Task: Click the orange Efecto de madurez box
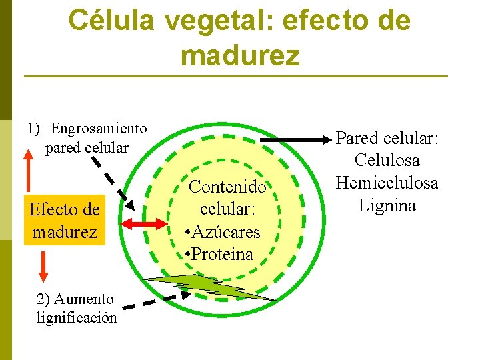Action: pyautogui.click(x=64, y=221)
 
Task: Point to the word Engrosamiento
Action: pyautogui.click(x=99, y=128)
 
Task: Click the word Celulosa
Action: pyautogui.click(x=387, y=161)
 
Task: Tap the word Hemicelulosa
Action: pyautogui.click(x=387, y=183)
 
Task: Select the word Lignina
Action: pyautogui.click(x=387, y=205)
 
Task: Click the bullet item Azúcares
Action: pyautogui.click(x=225, y=232)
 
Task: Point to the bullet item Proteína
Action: pyautogui.click(x=221, y=255)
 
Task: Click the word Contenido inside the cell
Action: pyautogui.click(x=228, y=187)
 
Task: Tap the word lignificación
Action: pyautogui.click(x=76, y=317)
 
